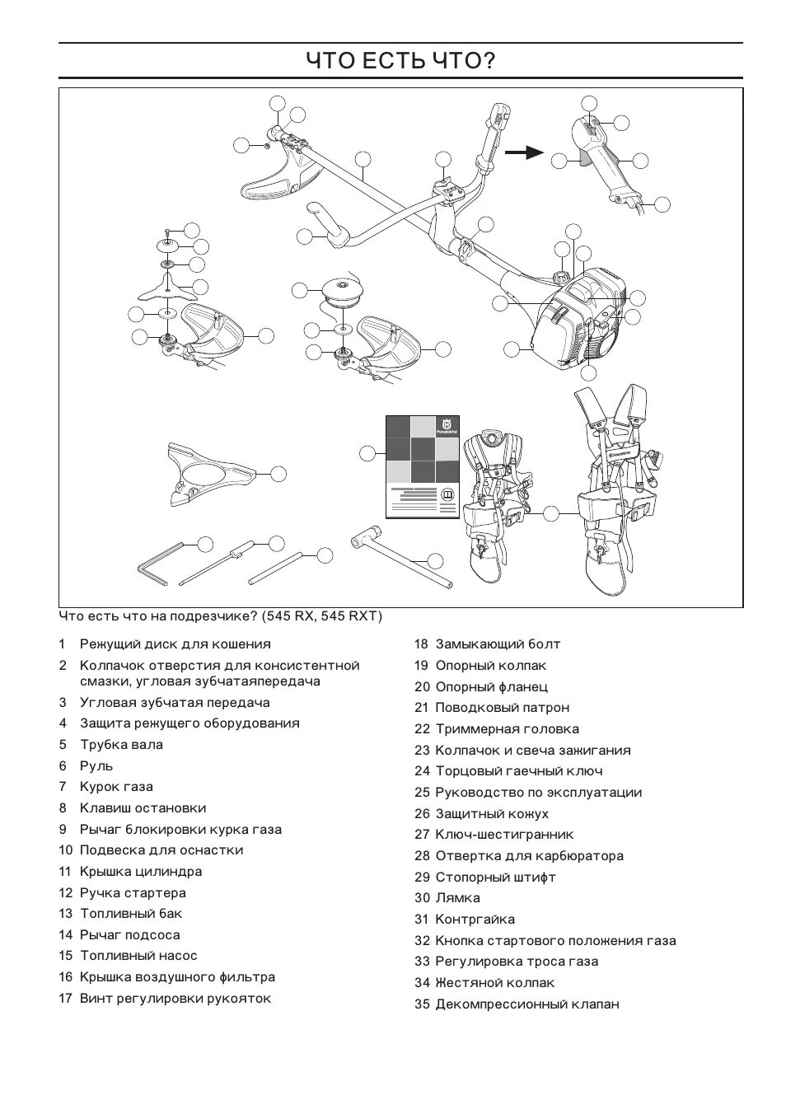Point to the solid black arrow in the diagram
pos(524,152)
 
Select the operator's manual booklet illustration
pos(423,466)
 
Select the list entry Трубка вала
pos(121,745)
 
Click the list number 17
pos(66,999)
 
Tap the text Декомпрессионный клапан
pos(527,1004)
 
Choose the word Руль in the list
pos(96,766)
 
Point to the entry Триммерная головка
pos(507,729)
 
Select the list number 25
pos(422,793)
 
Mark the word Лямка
pos(457,898)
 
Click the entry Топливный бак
pos(131,914)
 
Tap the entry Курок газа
pos(116,787)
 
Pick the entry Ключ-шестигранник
pos(504,835)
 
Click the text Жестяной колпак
pos(494,983)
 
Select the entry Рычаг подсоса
pos(129,935)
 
